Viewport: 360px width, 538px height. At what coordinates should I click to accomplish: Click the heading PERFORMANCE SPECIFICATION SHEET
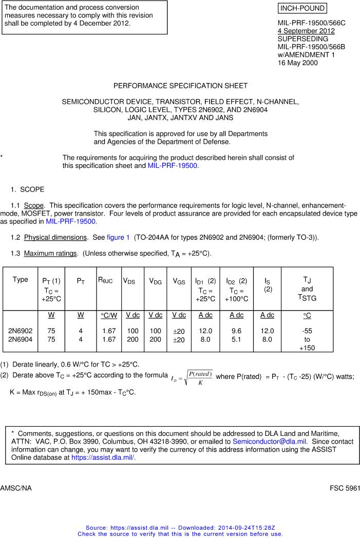[180, 86]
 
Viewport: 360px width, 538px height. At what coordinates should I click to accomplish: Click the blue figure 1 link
[118, 237]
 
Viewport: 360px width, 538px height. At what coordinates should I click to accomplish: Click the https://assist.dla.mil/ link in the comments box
[103, 457]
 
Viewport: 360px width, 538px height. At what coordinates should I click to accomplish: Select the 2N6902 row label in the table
[21, 331]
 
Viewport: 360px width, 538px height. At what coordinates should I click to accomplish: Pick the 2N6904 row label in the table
[21, 339]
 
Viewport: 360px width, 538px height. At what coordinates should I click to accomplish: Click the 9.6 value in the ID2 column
[236, 331]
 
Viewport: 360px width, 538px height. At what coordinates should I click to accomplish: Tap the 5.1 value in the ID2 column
[236, 339]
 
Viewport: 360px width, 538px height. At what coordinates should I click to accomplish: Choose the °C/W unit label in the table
[109, 315]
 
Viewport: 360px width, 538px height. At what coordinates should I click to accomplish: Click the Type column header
[21, 280]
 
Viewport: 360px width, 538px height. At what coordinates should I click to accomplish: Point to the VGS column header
[179, 281]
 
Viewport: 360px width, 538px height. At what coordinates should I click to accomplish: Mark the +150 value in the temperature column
[307, 348]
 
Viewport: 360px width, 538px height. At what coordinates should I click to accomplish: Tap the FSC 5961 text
[345, 488]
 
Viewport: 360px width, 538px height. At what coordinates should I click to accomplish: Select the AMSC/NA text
[16, 488]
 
